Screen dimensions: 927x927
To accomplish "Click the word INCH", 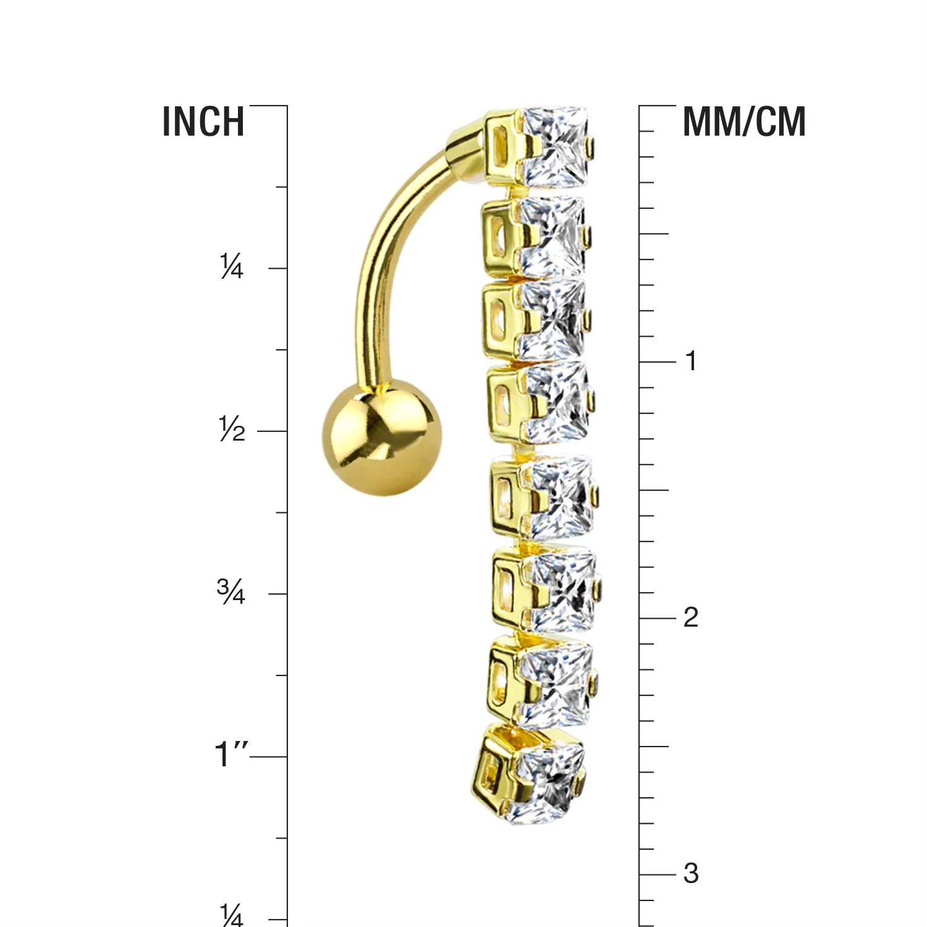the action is point(203,122).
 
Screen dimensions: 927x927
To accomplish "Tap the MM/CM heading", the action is point(744,122).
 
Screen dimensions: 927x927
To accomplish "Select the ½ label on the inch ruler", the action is point(232,429).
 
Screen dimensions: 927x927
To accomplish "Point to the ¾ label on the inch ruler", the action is point(231,591).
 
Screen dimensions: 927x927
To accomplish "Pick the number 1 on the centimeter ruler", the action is point(691,361).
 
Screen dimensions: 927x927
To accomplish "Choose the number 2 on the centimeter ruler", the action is point(691,617).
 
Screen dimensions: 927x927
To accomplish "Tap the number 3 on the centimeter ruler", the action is point(691,874).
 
